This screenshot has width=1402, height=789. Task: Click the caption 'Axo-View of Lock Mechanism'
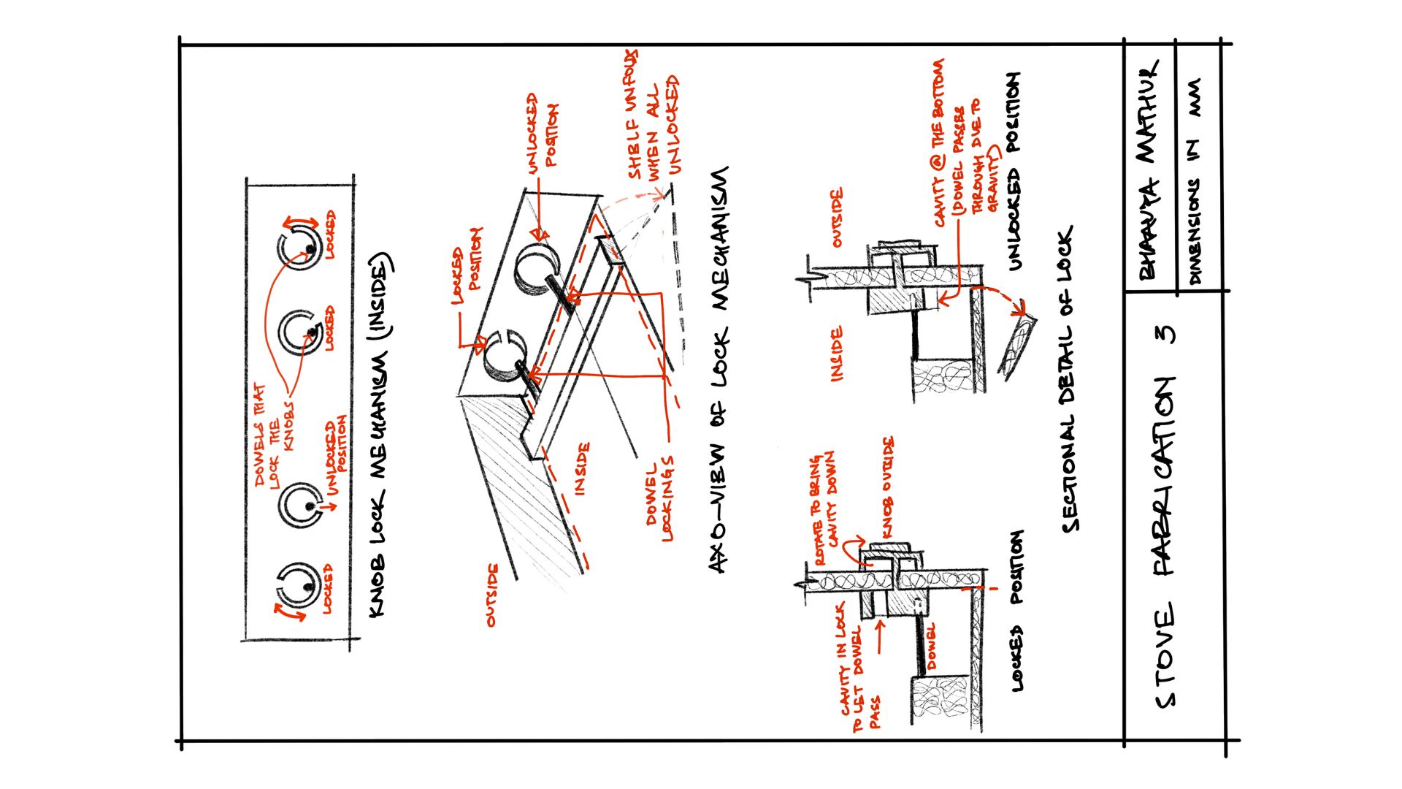(719, 370)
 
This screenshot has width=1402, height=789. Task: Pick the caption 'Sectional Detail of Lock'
(1067, 378)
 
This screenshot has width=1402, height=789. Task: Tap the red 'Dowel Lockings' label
(660, 500)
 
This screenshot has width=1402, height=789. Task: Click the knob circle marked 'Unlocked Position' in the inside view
(299, 503)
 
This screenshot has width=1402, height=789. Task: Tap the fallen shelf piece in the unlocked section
(1018, 346)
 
